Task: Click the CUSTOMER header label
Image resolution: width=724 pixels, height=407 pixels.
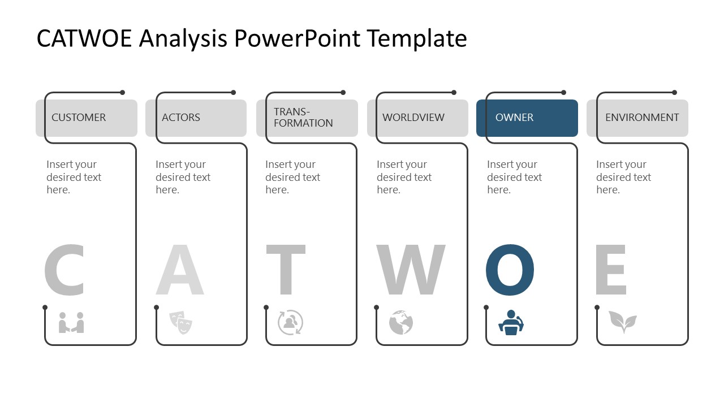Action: pos(79,118)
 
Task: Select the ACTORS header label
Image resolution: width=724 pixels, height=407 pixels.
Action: pos(181,118)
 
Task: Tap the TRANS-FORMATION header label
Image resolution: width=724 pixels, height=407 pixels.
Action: pos(303,118)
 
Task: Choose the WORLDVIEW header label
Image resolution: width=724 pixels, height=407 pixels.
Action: pos(413,118)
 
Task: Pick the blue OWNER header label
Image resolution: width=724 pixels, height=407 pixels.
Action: pos(514,118)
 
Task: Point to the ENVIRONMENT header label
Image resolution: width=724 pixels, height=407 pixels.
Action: pos(642,118)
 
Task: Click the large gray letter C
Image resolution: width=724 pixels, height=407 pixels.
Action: pos(64,270)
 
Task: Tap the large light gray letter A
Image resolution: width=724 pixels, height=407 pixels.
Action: pos(180,270)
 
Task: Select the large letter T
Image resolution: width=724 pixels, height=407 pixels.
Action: pos(286,270)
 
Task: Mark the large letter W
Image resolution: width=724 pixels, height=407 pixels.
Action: pos(411,270)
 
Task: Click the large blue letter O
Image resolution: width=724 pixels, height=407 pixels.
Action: pos(510,270)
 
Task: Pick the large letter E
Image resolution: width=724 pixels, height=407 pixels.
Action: pos(611,270)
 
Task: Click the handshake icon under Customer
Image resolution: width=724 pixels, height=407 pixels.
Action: pos(71,323)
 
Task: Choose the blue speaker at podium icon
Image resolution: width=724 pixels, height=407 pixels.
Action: pos(511,323)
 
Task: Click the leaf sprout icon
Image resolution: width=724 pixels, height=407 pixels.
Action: pos(622,322)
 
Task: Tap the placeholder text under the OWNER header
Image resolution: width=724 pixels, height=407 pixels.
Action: pos(514,177)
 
